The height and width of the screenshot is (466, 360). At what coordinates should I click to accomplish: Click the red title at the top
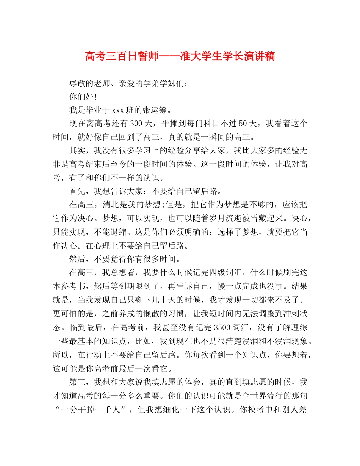pyautogui.click(x=180, y=57)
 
